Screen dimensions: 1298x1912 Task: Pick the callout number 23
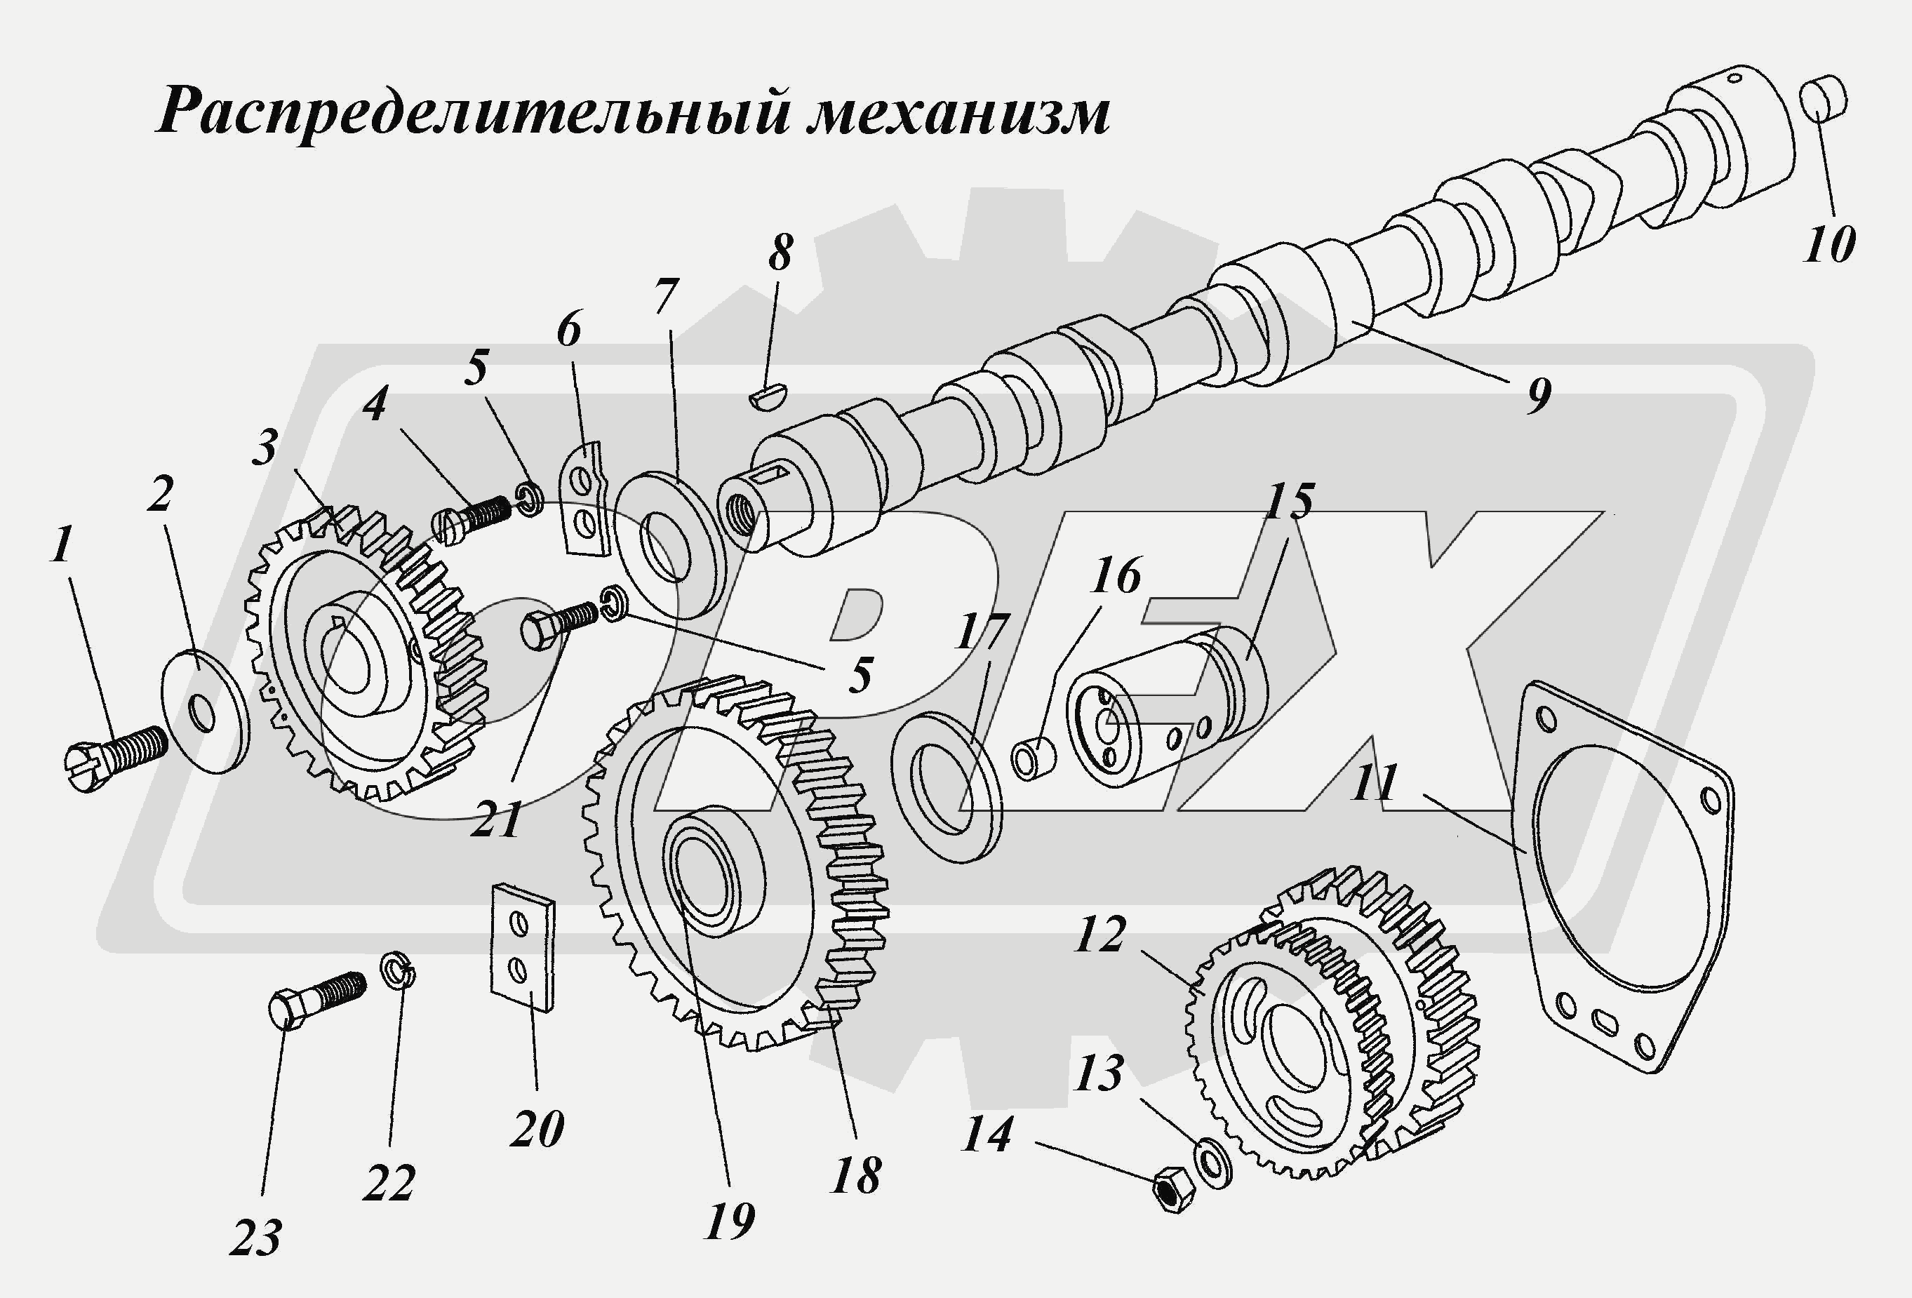click(x=256, y=1238)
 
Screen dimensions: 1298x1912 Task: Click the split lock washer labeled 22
click(x=399, y=969)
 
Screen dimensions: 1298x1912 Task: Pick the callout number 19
click(x=729, y=1222)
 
